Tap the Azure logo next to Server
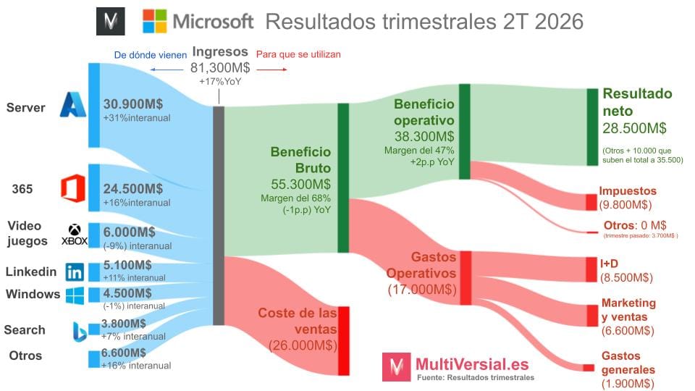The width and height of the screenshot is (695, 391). pyautogui.click(x=73, y=106)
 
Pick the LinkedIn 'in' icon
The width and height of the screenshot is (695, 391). pyautogui.click(x=74, y=272)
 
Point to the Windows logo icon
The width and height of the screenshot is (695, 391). pyautogui.click(x=75, y=295)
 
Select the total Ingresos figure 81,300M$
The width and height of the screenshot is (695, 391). pyautogui.click(x=220, y=67)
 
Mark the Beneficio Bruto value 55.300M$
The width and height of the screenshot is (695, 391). pyautogui.click(x=300, y=183)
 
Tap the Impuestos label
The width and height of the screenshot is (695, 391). pyautogui.click(x=627, y=191)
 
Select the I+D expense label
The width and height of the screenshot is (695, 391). pyautogui.click(x=608, y=263)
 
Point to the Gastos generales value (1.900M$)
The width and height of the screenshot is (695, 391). pyautogui.click(x=628, y=384)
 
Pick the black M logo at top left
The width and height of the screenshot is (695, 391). pyautogui.click(x=110, y=22)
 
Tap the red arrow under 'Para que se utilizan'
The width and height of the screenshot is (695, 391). pyautogui.click(x=272, y=70)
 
